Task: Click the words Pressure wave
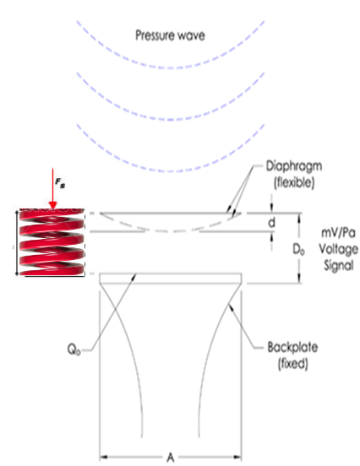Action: click(170, 35)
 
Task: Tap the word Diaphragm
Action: click(294, 166)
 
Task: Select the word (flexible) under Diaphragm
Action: click(294, 182)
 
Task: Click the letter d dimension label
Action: click(271, 222)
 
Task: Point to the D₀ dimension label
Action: click(298, 249)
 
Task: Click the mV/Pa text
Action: click(338, 233)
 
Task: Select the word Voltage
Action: click(338, 249)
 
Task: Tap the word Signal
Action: click(339, 265)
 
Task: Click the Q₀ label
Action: click(74, 349)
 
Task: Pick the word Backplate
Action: click(292, 347)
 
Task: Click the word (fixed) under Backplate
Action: click(292, 364)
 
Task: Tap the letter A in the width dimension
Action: click(170, 457)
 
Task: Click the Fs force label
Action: click(60, 183)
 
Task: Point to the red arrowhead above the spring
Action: click(53, 205)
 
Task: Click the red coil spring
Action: click(52, 242)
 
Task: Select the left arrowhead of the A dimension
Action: click(103, 457)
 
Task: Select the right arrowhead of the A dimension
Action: click(237, 457)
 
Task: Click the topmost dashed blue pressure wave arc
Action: click(170, 68)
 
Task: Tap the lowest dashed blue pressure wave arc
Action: click(170, 171)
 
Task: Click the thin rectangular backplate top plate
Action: click(171, 279)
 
